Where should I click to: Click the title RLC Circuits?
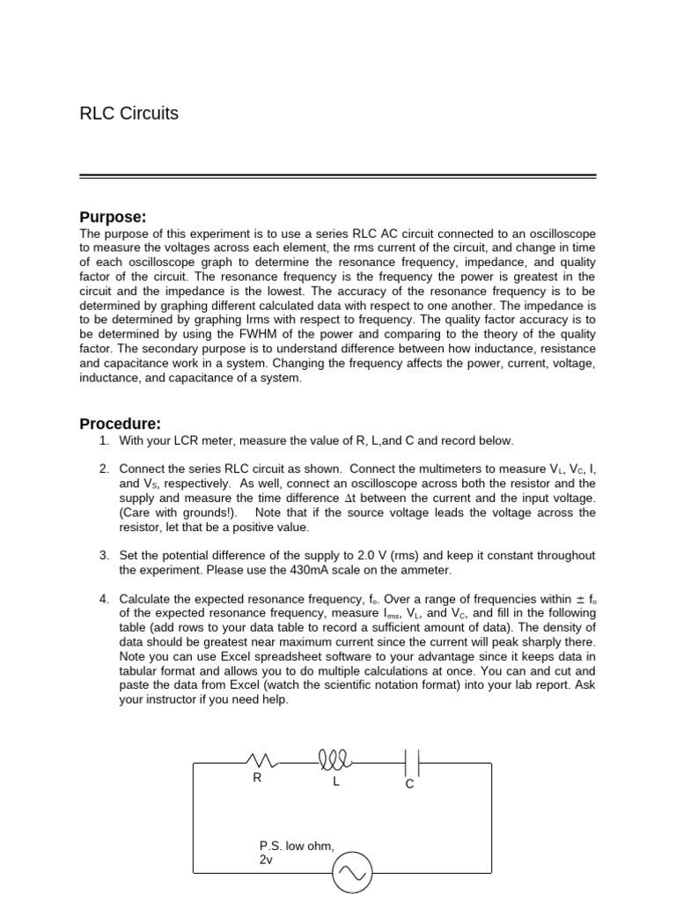coord(129,114)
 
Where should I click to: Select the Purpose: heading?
coord(113,218)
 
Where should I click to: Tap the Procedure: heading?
coord(120,423)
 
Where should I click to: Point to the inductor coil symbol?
coord(335,759)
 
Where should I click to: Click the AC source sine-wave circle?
coord(353,873)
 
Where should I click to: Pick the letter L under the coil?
coord(335,782)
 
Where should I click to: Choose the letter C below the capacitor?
coord(409,784)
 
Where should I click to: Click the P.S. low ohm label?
coord(298,846)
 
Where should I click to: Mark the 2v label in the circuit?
coord(267,859)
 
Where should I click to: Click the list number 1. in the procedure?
coord(104,440)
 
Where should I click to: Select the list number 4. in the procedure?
coord(104,599)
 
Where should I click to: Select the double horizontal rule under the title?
coord(338,176)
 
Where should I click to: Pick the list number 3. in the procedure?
coord(104,556)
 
